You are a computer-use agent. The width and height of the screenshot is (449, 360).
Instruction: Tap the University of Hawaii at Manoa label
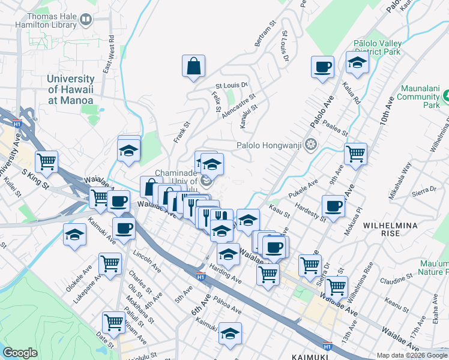(71, 89)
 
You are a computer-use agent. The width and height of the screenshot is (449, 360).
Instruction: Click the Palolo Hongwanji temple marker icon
(310, 144)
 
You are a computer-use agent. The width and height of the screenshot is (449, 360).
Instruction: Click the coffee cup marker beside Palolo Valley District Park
(322, 67)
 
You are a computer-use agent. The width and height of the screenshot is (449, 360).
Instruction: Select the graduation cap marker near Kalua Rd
(357, 63)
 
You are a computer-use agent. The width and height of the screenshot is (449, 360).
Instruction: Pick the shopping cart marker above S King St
(47, 161)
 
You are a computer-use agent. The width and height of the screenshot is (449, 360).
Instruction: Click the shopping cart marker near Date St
(113, 323)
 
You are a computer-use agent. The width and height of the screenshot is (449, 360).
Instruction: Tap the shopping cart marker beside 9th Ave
(355, 154)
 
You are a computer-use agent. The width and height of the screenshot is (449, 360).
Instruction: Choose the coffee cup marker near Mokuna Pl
(333, 207)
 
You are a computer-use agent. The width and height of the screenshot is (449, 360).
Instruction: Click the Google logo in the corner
(20, 353)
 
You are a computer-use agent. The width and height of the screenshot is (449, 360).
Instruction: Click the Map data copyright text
(412, 355)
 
